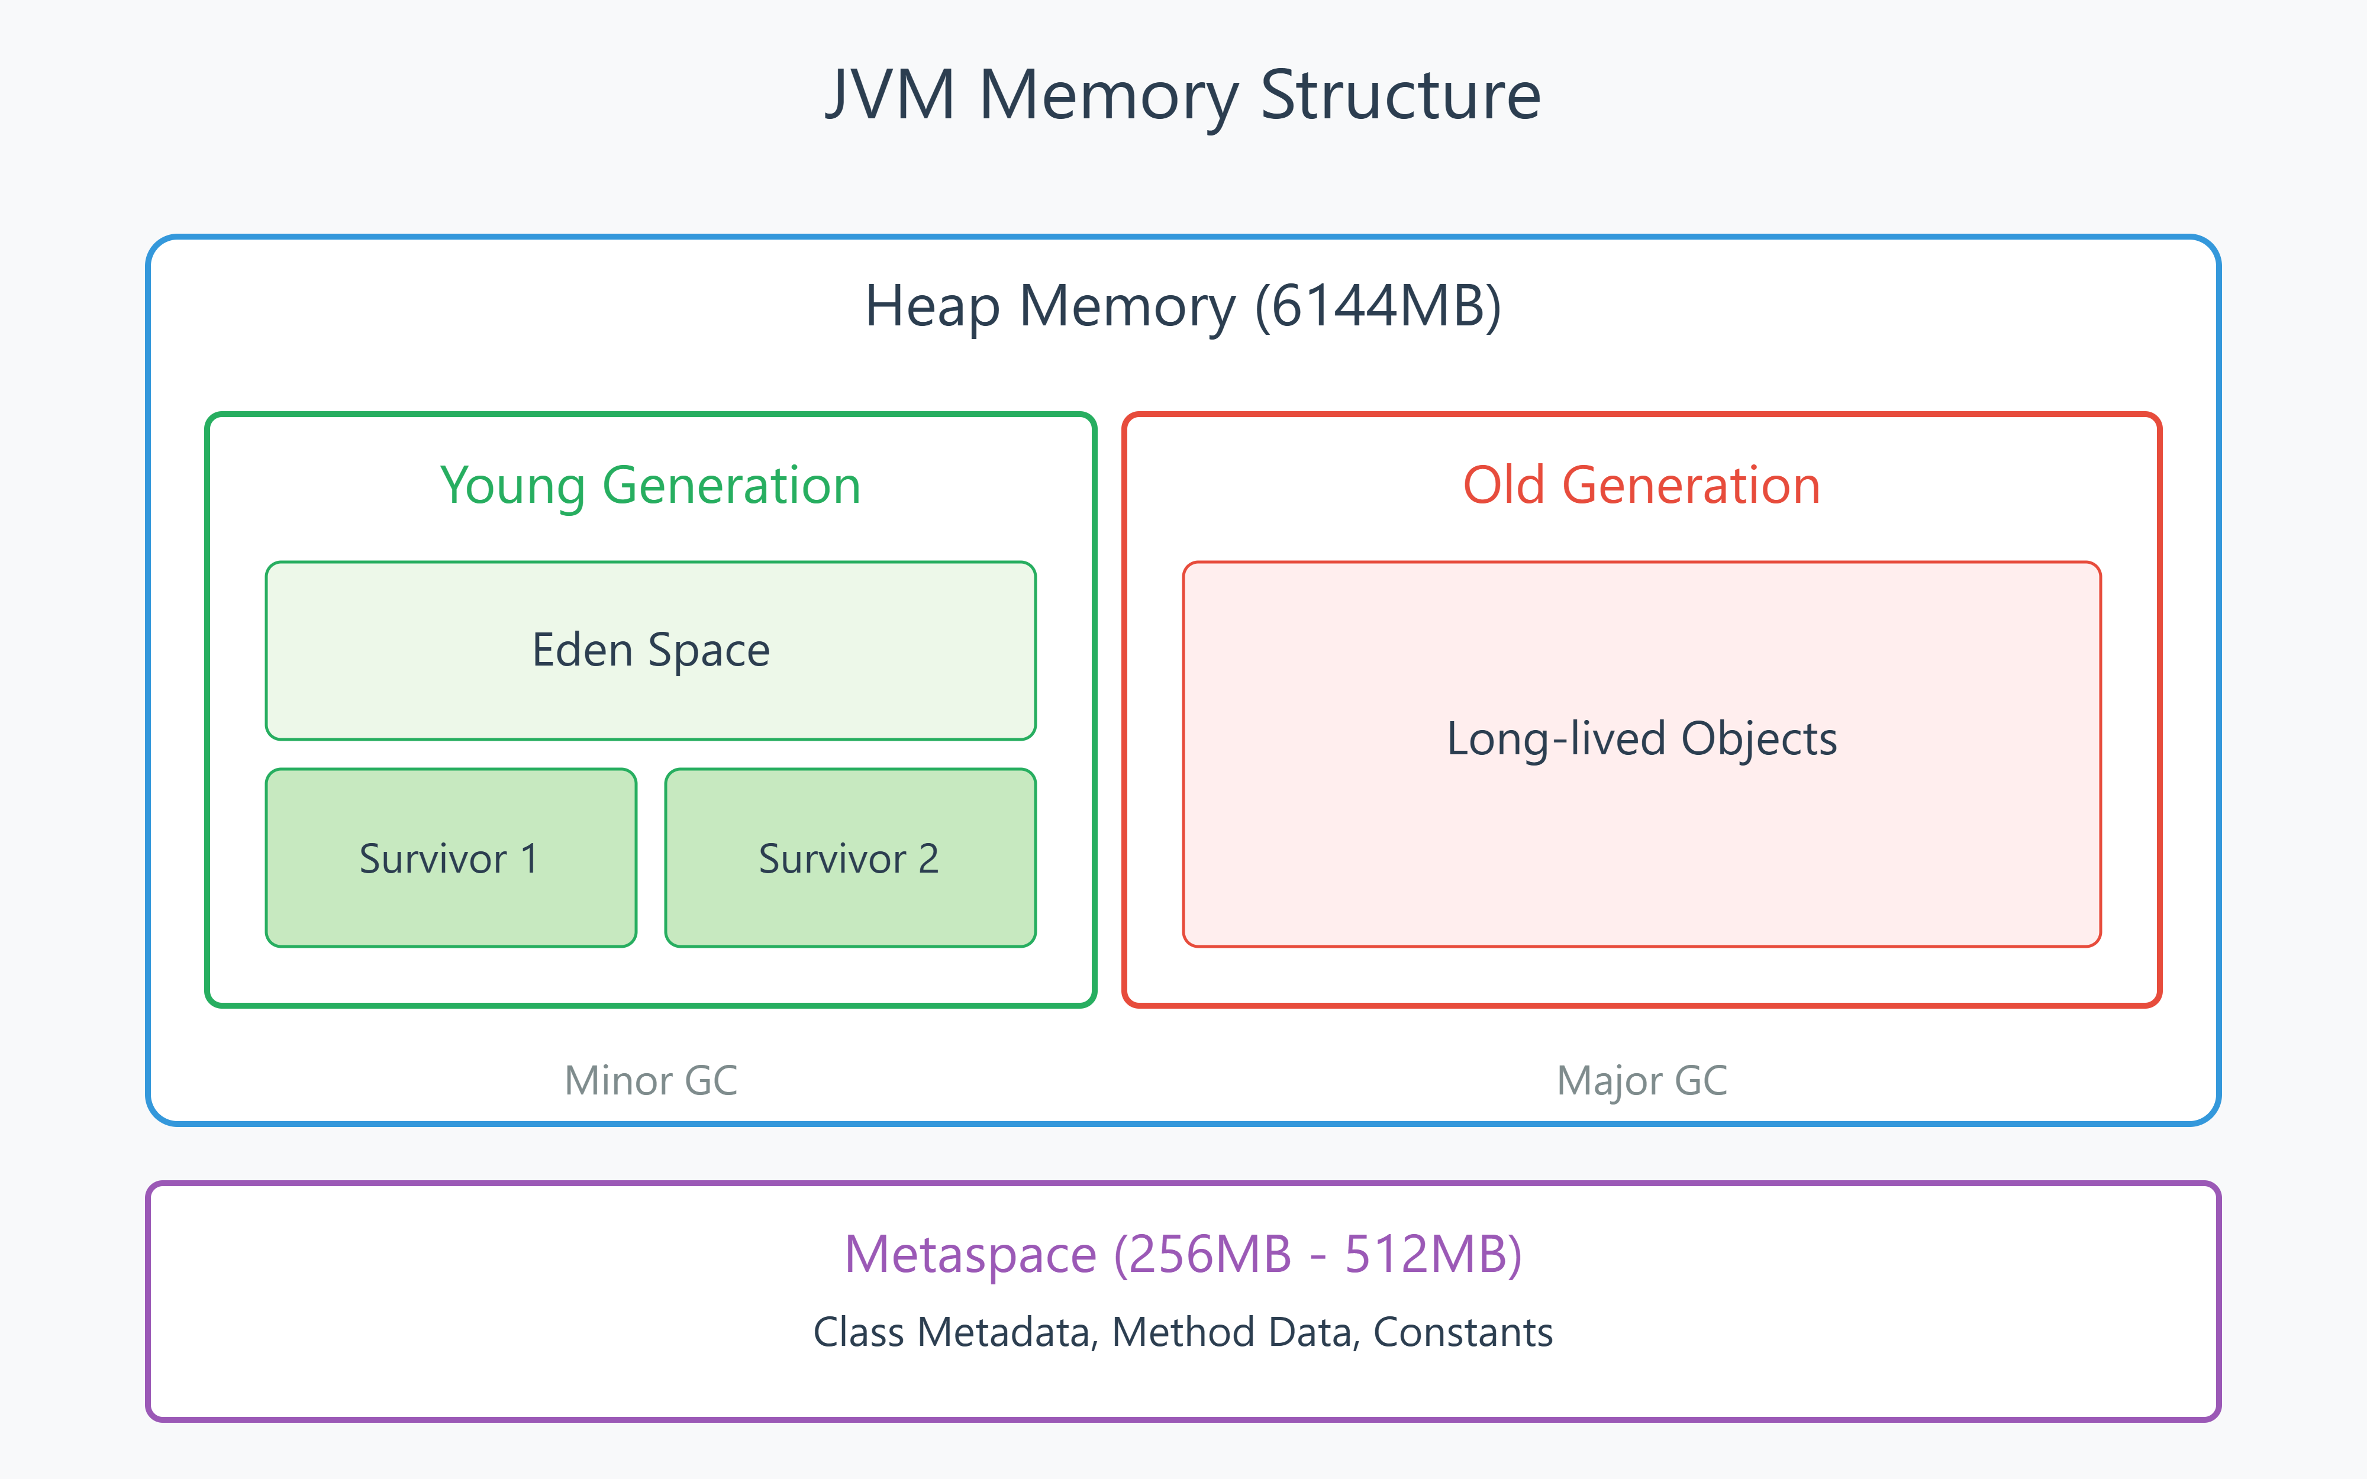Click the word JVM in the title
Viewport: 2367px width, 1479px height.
(890, 96)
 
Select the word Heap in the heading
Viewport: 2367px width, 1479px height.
(932, 306)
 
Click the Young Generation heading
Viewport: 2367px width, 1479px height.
(650, 485)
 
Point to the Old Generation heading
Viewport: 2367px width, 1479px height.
(1642, 485)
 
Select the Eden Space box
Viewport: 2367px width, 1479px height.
(650, 651)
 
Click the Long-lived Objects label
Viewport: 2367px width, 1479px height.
(1642, 738)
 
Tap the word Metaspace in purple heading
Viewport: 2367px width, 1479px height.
(970, 1255)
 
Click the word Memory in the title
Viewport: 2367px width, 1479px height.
(1107, 96)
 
